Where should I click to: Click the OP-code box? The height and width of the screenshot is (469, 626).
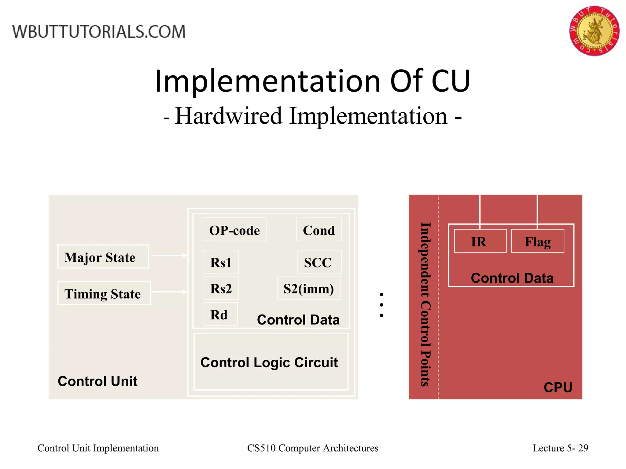pyautogui.click(x=234, y=230)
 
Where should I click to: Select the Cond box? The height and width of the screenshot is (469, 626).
pyautogui.click(x=319, y=230)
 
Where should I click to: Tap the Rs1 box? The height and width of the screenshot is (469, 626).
pyautogui.click(x=221, y=262)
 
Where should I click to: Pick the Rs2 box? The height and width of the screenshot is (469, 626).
pyautogui.click(x=221, y=288)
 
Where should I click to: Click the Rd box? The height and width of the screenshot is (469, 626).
pyautogui.click(x=220, y=314)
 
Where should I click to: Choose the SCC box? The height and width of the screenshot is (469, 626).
pyautogui.click(x=319, y=262)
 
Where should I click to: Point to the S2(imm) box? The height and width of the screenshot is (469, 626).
pyautogui.click(x=308, y=288)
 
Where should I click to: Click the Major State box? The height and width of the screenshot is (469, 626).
pyautogui.click(x=103, y=257)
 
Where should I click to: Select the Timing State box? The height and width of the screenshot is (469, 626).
pyautogui.click(x=104, y=293)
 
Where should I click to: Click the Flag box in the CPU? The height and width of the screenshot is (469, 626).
pyautogui.click(x=537, y=241)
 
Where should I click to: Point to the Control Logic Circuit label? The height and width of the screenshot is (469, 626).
pyautogui.click(x=269, y=362)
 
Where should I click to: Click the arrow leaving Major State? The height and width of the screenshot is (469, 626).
pyautogui.click(x=169, y=255)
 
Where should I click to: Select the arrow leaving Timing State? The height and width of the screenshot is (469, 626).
pyautogui.click(x=169, y=292)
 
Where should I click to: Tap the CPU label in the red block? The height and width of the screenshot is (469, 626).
pyautogui.click(x=558, y=387)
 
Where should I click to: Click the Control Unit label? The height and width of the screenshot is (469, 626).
pyautogui.click(x=98, y=381)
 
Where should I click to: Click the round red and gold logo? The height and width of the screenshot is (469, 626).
pyautogui.click(x=594, y=31)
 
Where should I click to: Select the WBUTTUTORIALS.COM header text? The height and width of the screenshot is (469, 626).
pyautogui.click(x=99, y=32)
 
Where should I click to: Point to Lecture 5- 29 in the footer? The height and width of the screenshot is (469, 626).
pyautogui.click(x=560, y=448)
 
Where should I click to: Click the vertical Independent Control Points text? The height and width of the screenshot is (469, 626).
pyautogui.click(x=425, y=304)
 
